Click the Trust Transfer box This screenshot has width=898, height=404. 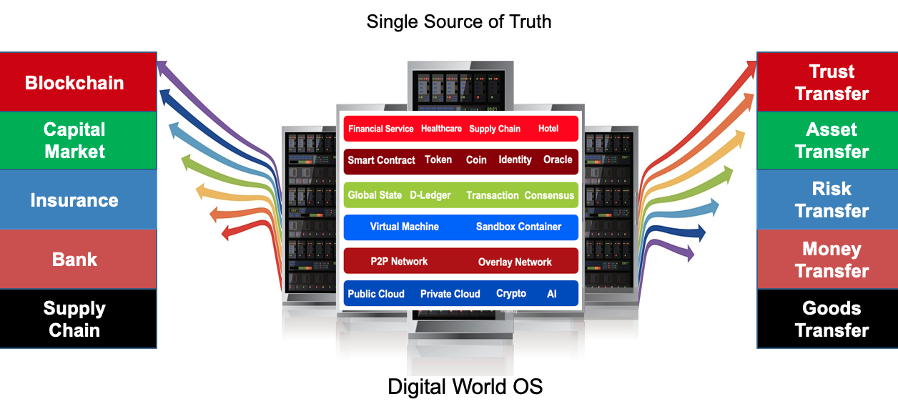(832, 82)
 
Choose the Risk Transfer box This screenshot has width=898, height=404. (832, 199)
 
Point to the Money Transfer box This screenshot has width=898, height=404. (832, 260)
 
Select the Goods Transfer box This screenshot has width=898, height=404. (832, 319)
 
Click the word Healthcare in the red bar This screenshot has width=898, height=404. (441, 129)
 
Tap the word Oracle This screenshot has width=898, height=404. (558, 159)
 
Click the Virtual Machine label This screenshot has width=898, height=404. (404, 227)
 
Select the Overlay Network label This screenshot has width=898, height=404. (515, 262)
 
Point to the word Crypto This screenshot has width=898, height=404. (511, 293)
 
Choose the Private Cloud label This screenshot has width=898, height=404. (450, 294)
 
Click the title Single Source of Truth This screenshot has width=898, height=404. (459, 21)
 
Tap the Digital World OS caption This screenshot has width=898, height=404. (465, 387)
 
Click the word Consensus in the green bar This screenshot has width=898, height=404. (549, 195)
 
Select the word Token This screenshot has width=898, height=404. (438, 159)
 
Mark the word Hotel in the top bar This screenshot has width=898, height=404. (548, 129)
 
